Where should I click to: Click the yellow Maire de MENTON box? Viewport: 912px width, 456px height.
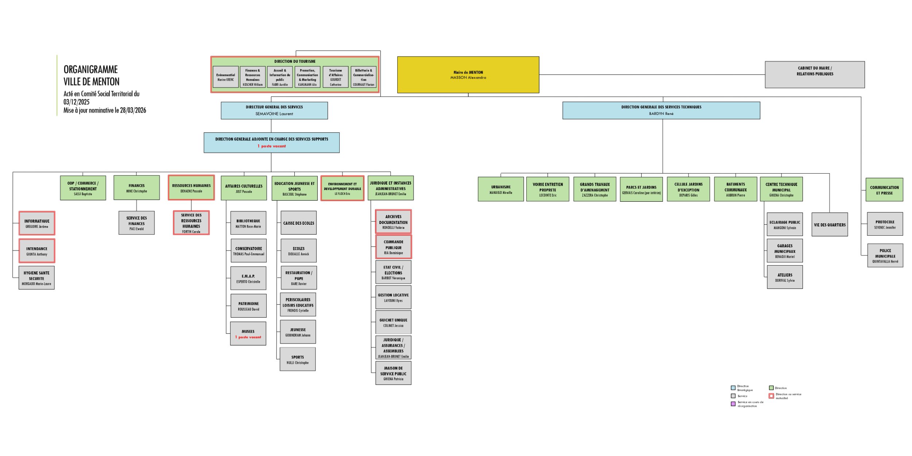point(468,75)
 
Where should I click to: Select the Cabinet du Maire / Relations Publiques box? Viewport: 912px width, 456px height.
point(815,74)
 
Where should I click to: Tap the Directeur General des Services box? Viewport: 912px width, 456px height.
point(274,110)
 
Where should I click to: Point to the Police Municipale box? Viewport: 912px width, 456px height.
point(885,255)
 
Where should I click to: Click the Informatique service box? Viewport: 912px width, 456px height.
point(37,223)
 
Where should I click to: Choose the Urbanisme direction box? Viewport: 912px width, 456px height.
point(501,189)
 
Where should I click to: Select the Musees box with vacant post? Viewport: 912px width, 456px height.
point(248,333)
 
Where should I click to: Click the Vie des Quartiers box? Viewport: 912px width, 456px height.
point(830,225)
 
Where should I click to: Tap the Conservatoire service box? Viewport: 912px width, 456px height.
point(248,251)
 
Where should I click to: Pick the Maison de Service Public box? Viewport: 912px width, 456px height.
point(393,373)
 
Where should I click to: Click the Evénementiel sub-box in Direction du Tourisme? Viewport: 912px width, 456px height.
point(225,77)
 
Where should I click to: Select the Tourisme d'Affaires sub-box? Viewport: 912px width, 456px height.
point(336,77)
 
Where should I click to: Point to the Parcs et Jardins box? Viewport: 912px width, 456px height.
point(641,189)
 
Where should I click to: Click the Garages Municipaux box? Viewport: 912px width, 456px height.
point(785,251)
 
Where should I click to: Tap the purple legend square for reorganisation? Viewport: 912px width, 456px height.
point(733,404)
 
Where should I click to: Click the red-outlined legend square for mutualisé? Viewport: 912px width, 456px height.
point(771,396)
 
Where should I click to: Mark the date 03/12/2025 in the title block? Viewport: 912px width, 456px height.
point(77,102)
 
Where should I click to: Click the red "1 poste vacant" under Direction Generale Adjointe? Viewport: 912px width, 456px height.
point(272,146)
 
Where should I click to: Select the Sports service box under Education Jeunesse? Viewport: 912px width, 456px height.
point(298,359)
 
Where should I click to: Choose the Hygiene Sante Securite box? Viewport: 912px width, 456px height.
point(36,278)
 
